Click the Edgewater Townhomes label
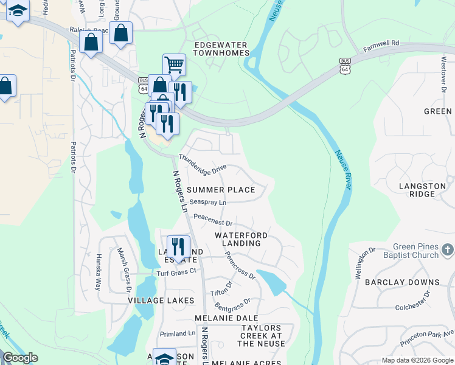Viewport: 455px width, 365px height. pyautogui.click(x=221, y=49)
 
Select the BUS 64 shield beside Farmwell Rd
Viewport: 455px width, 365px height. pyautogui.click(x=345, y=67)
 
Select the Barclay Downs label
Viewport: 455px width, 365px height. pyautogui.click(x=402, y=282)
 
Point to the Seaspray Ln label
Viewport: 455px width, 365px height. pyautogui.click(x=207, y=202)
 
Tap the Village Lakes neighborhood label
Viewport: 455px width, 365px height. pyautogui.click(x=161, y=301)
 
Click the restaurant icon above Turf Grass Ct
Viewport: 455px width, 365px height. pyautogui.click(x=178, y=246)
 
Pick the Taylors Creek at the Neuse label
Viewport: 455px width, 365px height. pyautogui.click(x=262, y=336)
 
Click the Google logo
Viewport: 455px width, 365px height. pyautogui.click(x=20, y=358)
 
